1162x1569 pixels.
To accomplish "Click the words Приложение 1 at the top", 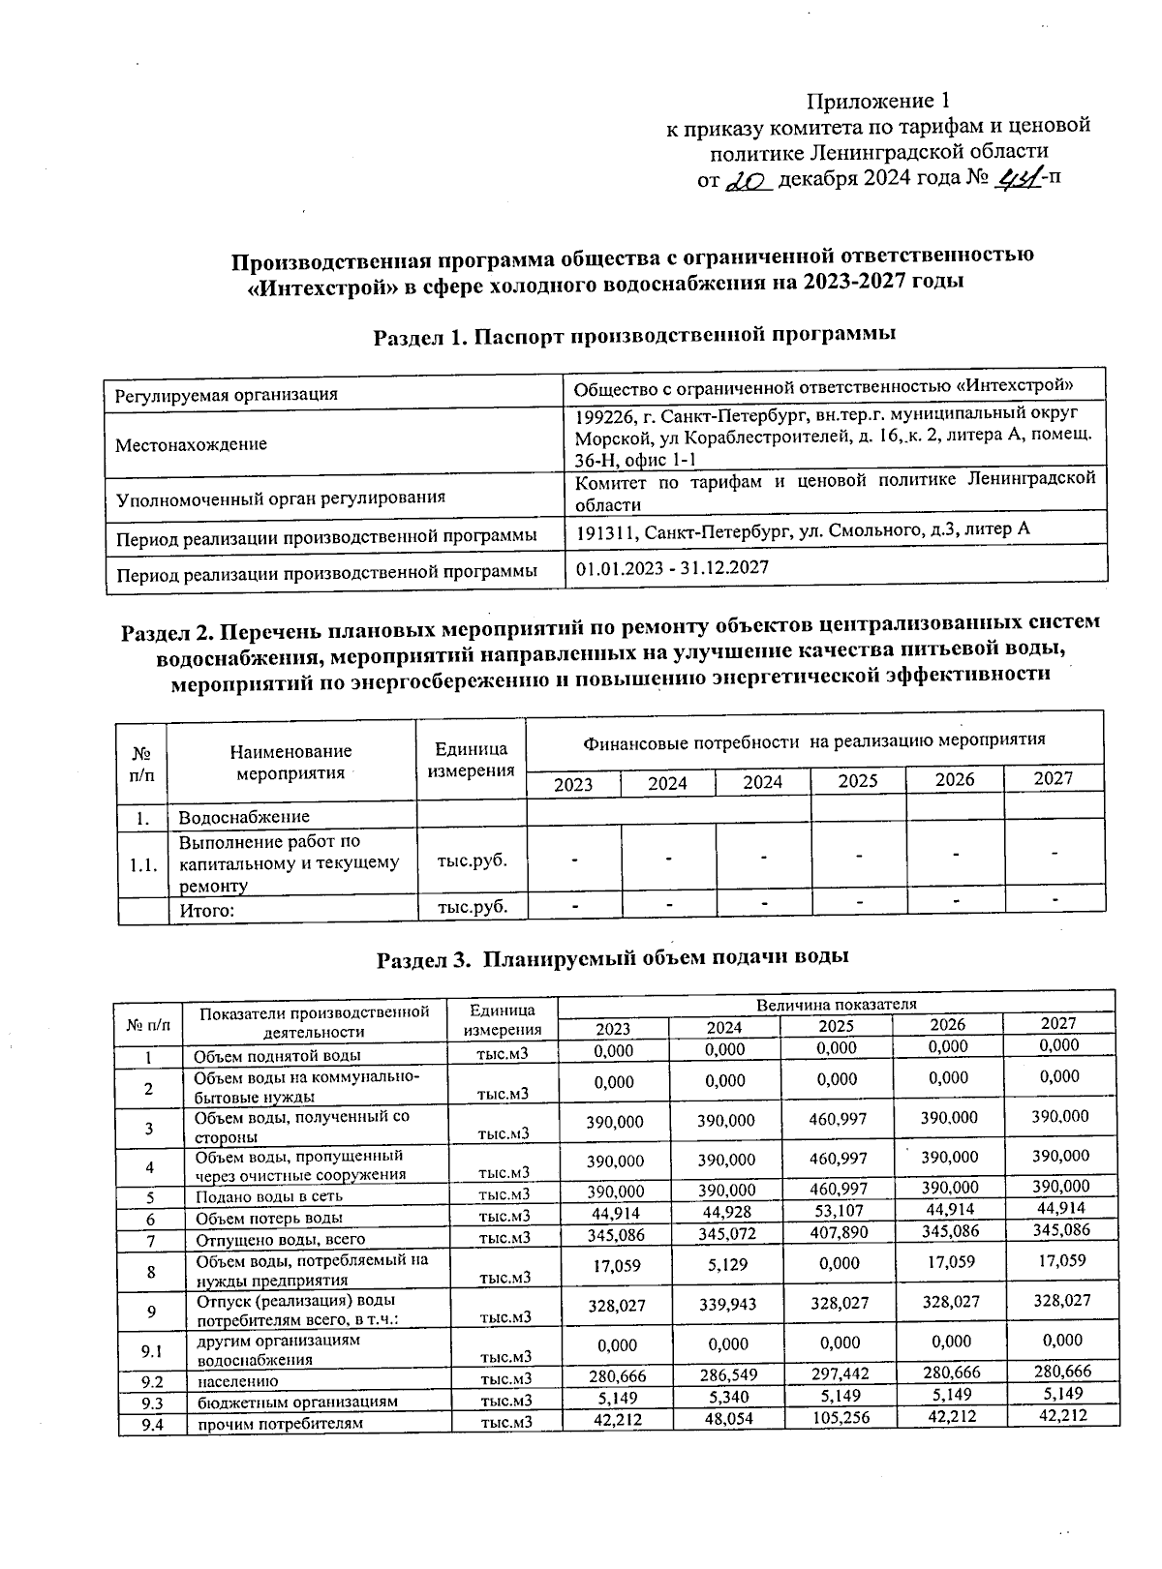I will point(879,102).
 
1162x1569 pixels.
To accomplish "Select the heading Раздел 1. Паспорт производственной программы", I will point(634,334).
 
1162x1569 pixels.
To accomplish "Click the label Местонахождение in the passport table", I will point(192,445).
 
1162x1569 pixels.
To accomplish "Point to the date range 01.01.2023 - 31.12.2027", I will point(672,567).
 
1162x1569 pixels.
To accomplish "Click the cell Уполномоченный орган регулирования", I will point(281,498).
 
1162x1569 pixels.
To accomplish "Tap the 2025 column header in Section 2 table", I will point(857,781).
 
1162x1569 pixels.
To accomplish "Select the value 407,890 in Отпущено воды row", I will point(838,1232).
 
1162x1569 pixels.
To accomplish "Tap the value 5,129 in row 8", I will point(726,1264).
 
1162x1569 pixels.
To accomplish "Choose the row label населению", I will point(238,1381).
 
